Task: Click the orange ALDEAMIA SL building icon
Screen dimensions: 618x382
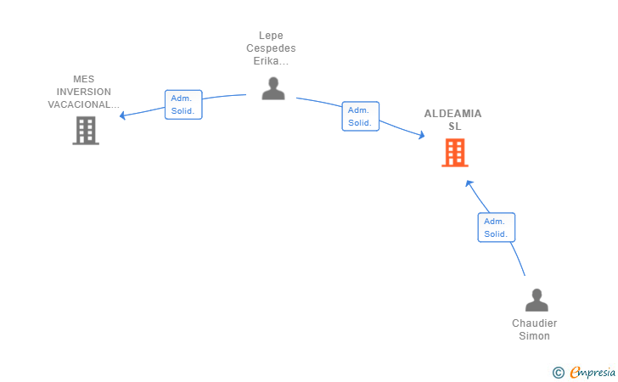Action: click(455, 153)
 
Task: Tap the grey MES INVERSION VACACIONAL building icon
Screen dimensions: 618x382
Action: click(86, 131)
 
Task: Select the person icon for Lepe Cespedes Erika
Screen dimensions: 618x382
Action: click(273, 88)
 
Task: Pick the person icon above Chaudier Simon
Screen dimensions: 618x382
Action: click(537, 300)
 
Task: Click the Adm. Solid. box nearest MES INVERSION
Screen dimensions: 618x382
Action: click(183, 104)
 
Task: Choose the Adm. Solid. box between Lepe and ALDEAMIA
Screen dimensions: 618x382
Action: click(360, 116)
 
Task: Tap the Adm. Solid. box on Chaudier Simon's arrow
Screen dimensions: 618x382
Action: click(497, 228)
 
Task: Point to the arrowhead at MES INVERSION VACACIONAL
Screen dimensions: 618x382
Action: click(122, 115)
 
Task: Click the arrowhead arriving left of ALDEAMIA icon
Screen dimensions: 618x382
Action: click(422, 135)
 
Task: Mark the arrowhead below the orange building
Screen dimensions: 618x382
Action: click(469, 183)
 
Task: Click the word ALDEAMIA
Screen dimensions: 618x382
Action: click(452, 114)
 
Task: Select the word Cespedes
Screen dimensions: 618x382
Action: click(271, 48)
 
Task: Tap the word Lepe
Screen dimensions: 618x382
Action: click(271, 36)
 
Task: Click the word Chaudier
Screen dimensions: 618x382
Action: click(535, 323)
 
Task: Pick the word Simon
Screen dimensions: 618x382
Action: click(535, 336)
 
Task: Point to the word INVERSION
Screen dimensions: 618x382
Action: click(84, 92)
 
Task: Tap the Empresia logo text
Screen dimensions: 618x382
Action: click(593, 372)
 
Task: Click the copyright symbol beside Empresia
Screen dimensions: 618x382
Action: click(559, 373)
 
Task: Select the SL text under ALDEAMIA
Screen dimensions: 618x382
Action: click(455, 126)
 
